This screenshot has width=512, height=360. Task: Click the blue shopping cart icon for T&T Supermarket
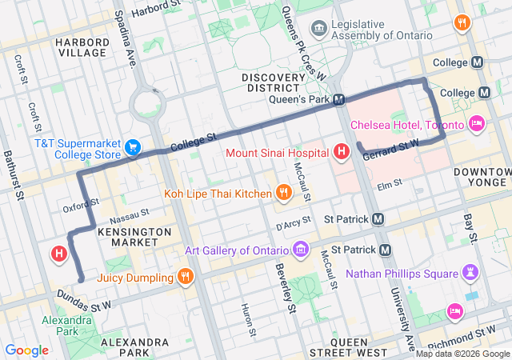pyautogui.click(x=134, y=147)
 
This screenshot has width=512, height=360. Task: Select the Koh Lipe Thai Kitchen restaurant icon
pyautogui.click(x=283, y=192)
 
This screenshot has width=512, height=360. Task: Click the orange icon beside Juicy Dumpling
pyautogui.click(x=185, y=278)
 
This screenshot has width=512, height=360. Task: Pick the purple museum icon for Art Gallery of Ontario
pyautogui.click(x=301, y=250)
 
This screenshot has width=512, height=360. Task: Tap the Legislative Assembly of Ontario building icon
pyautogui.click(x=319, y=29)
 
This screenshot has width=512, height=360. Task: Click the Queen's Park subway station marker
pyautogui.click(x=339, y=100)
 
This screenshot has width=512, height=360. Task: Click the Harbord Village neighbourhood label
pyautogui.click(x=82, y=47)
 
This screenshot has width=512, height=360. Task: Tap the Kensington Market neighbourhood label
pyautogui.click(x=134, y=237)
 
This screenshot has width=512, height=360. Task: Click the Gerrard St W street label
pyautogui.click(x=391, y=150)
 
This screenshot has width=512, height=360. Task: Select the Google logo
pyautogui.click(x=26, y=350)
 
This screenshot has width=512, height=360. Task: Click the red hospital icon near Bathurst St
pyautogui.click(x=58, y=254)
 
